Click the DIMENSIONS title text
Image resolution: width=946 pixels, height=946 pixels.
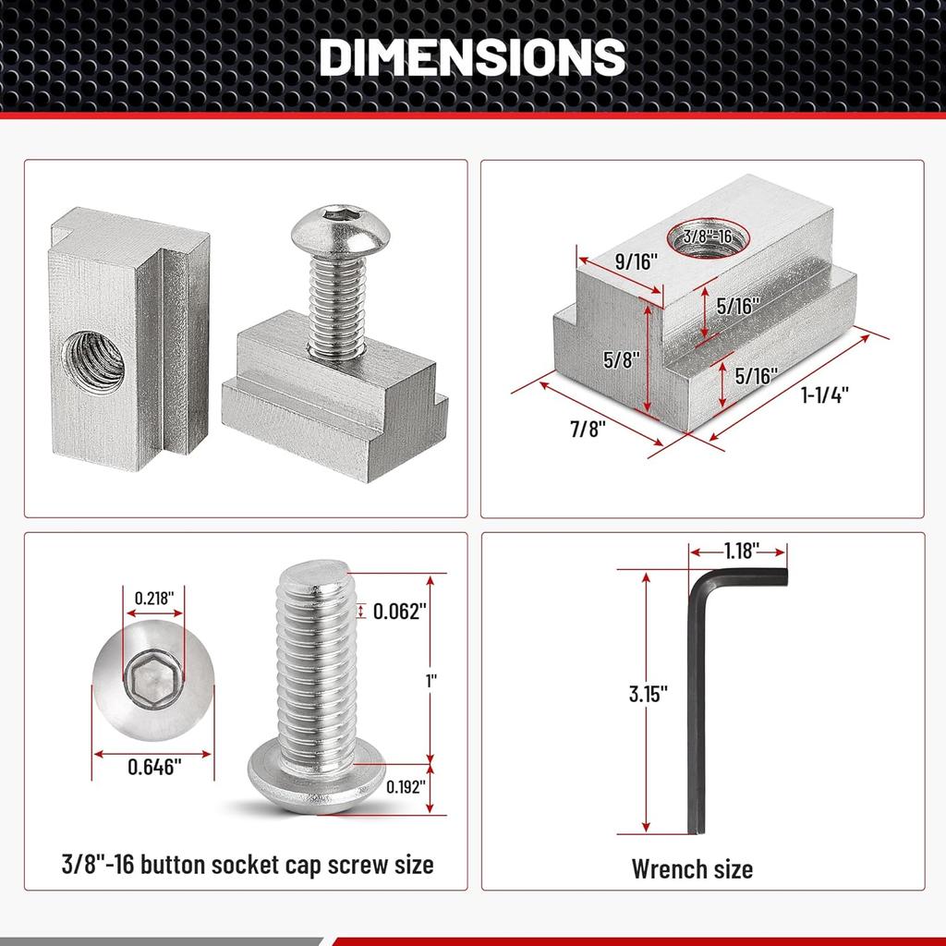point(472,57)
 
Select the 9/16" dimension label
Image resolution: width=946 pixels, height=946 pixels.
point(636,261)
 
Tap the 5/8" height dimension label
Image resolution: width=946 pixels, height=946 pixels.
point(620,359)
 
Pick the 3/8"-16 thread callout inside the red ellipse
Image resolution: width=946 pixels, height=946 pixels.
point(709,236)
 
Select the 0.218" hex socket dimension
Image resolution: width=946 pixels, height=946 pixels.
point(153,597)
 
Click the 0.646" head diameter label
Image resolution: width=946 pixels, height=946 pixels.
point(153,765)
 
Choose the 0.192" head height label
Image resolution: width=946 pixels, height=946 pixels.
point(405,788)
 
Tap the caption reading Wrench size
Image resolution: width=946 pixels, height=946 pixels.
point(692,868)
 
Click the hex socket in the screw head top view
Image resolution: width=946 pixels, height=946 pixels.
point(153,685)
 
